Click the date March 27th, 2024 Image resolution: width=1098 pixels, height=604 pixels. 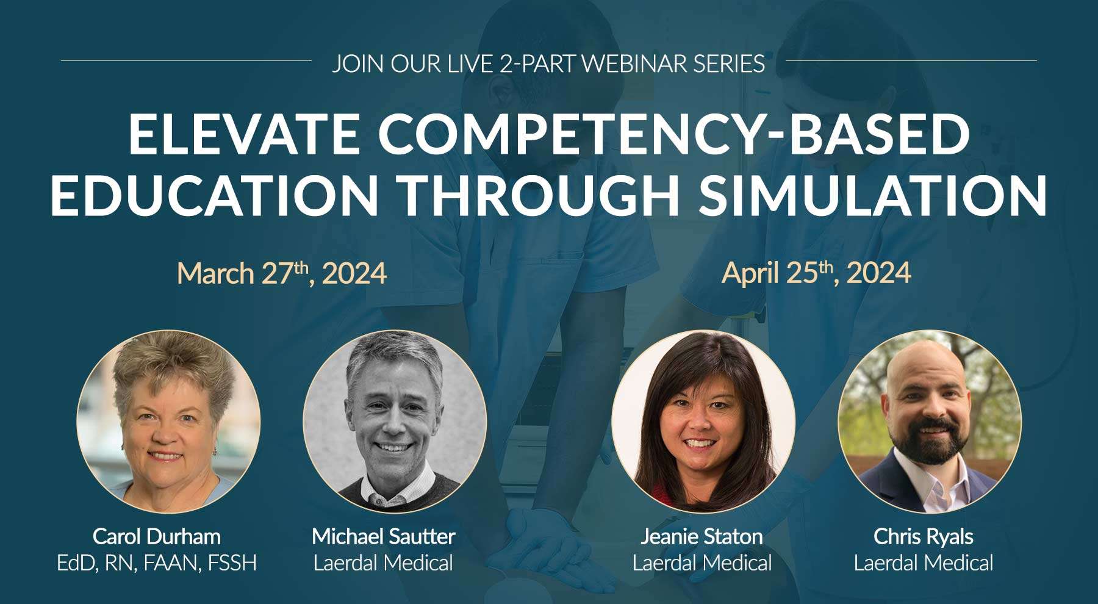[x=282, y=273]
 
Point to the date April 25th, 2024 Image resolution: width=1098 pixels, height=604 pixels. [x=816, y=273]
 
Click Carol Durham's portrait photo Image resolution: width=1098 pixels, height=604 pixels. [x=168, y=422]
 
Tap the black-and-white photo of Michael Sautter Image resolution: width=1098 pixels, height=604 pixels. [x=395, y=422]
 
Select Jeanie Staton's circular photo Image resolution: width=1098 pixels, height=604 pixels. [x=703, y=422]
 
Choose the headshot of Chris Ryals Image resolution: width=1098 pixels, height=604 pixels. [x=929, y=422]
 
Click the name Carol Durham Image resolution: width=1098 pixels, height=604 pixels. [x=157, y=537]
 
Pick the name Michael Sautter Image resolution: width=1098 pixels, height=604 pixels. [x=384, y=537]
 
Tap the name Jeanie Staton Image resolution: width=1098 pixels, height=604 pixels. [x=701, y=537]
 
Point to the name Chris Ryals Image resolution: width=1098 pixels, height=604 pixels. [x=924, y=537]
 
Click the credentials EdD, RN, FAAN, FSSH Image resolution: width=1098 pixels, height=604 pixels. [x=157, y=563]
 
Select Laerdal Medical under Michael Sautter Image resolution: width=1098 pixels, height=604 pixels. [x=384, y=563]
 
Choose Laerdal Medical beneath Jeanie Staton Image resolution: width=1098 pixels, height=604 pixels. [x=702, y=563]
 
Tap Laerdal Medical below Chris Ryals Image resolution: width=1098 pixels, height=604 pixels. [x=924, y=563]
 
